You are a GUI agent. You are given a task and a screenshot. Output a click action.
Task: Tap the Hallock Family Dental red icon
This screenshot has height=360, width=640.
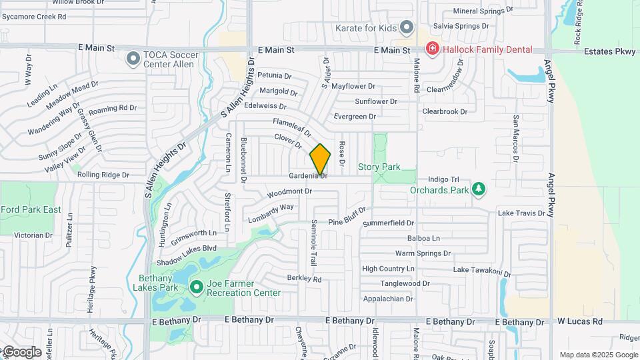(x=432, y=49)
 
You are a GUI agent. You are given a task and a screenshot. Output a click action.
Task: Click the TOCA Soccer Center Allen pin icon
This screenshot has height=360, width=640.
(x=133, y=59)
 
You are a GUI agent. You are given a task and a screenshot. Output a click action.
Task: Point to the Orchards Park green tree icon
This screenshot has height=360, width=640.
(x=478, y=189)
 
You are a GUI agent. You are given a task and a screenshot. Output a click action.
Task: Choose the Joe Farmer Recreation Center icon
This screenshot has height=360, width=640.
(x=196, y=287)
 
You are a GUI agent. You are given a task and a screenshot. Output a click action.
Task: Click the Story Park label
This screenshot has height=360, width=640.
(x=379, y=167)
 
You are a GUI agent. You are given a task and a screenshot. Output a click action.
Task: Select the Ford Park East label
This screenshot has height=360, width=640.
(x=31, y=209)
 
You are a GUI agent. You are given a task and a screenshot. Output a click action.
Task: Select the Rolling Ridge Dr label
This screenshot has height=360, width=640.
(x=102, y=175)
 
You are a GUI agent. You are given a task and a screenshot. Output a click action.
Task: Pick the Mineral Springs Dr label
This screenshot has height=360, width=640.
(x=483, y=11)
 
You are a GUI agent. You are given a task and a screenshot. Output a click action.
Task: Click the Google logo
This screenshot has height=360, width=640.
(x=21, y=351)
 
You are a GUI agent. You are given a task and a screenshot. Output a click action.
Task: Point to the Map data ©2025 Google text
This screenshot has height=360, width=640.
(x=599, y=355)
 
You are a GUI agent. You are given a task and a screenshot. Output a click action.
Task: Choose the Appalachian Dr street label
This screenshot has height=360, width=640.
(x=387, y=299)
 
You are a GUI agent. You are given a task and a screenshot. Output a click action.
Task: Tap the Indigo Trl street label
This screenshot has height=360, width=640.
(x=444, y=179)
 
